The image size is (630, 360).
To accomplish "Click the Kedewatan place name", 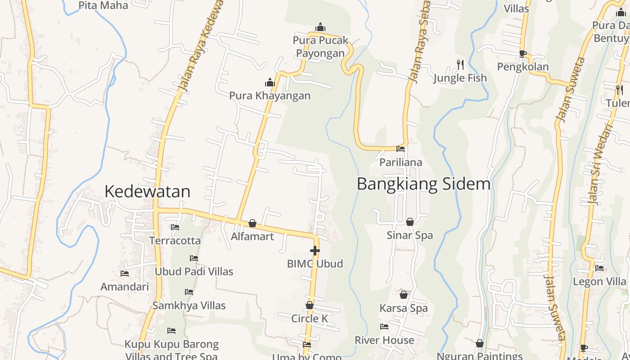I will coord(147,192).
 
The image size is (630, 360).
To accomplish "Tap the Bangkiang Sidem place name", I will coord(423,184).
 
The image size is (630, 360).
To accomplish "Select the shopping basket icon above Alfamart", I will coord(252,223).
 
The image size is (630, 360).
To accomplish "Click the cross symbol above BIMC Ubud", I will coord(315,251).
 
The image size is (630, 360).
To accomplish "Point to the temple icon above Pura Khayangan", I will coord(270,82).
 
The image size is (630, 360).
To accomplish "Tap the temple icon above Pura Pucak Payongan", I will coord(320,27).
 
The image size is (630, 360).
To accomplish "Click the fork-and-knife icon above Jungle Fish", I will coord(460,65).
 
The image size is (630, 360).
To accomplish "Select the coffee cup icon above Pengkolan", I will coord(522,54).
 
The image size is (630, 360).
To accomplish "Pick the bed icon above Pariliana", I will coord(400,149).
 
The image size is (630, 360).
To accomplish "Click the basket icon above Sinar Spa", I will coord(410,222).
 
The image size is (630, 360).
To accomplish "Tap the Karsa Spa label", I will coord(404,308).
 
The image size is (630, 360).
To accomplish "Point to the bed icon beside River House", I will coord(384,327).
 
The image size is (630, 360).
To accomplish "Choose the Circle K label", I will coord(310,319).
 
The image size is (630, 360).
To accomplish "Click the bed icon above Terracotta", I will coord(175,227).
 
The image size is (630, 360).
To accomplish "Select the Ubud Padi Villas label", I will coord(194,271).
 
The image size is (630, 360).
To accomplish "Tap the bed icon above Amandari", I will coord(125,274).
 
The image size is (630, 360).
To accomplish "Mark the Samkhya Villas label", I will coord(189,306).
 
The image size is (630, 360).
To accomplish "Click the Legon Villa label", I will coord(599,282).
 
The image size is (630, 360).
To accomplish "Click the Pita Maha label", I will coord(103,5).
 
